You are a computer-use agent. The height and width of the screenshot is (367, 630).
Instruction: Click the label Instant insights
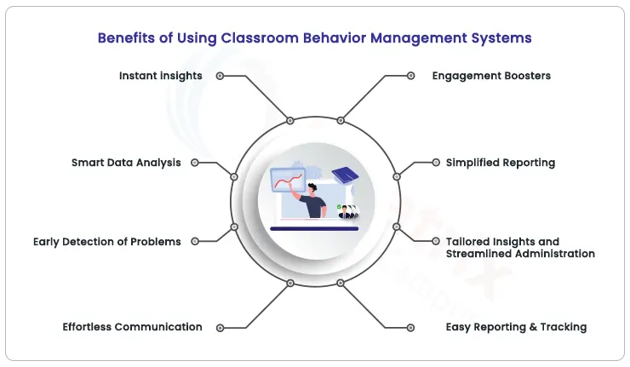(x=161, y=76)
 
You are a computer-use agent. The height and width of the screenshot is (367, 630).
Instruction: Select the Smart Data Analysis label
(x=126, y=163)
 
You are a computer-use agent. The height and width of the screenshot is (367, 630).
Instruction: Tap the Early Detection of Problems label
(x=107, y=242)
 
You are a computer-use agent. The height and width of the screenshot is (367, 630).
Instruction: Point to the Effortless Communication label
(x=132, y=327)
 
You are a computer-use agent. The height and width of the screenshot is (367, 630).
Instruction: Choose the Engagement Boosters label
(x=491, y=76)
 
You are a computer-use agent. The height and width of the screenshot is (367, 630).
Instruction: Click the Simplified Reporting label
(x=501, y=163)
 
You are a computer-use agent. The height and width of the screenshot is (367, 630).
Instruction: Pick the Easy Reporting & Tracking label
(x=516, y=327)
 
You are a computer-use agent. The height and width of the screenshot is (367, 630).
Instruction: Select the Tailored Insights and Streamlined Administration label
(x=519, y=248)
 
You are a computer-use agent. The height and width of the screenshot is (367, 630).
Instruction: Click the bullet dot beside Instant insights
(x=220, y=76)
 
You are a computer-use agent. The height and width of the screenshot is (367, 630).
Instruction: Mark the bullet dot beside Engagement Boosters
(x=411, y=76)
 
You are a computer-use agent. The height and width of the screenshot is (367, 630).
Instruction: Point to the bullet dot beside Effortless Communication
(x=220, y=327)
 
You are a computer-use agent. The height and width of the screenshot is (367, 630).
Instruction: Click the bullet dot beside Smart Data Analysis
(x=195, y=163)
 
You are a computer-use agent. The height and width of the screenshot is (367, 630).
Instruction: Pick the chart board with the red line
(x=288, y=181)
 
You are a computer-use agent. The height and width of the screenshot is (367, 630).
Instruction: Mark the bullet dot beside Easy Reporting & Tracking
(x=411, y=327)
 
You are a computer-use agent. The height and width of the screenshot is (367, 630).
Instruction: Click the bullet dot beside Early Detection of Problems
(x=195, y=242)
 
